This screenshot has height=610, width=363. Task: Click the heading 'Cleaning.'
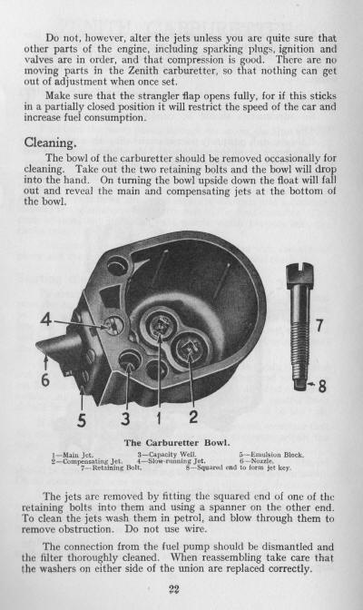[50, 143]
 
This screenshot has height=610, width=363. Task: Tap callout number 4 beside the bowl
[46, 320]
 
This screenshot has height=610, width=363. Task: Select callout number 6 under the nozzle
[45, 379]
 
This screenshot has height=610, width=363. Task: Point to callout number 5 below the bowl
[82, 420]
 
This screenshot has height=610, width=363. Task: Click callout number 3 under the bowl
[125, 418]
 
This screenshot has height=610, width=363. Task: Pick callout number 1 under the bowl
[159, 418]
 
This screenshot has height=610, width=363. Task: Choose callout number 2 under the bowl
[193, 417]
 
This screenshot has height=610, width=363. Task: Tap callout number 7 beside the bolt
[319, 326]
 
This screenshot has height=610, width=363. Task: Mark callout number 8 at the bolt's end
[322, 386]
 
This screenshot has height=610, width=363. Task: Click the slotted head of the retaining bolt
[299, 271]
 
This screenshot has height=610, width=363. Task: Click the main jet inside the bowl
[160, 324]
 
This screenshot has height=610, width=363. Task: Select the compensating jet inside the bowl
[190, 349]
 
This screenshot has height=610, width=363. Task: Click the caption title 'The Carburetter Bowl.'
[177, 443]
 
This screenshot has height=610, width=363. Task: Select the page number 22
[174, 589]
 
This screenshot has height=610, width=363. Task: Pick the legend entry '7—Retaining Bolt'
[111, 467]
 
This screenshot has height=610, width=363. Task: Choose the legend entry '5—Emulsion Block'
[271, 455]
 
